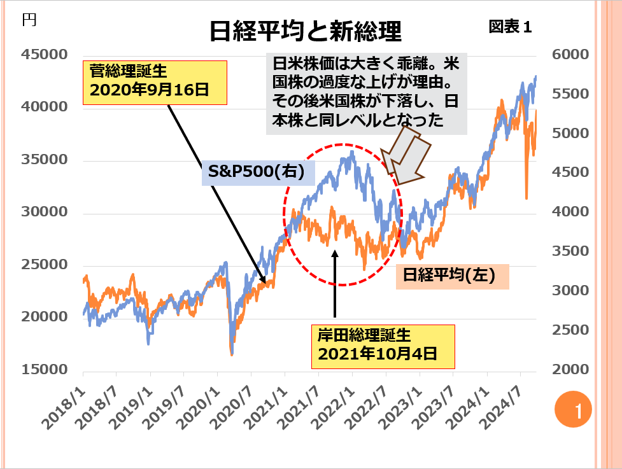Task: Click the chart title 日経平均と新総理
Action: (x=306, y=30)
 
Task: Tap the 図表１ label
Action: (x=509, y=27)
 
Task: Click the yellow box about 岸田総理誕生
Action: (x=383, y=346)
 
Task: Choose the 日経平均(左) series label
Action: (x=452, y=277)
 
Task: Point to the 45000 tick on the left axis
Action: (x=44, y=55)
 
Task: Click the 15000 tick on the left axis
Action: (x=44, y=370)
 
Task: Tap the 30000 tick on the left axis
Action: (x=44, y=212)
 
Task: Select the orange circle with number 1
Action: (x=573, y=409)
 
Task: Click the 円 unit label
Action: (x=29, y=19)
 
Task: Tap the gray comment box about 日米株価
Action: (x=366, y=94)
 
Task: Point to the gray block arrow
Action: (x=407, y=153)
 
